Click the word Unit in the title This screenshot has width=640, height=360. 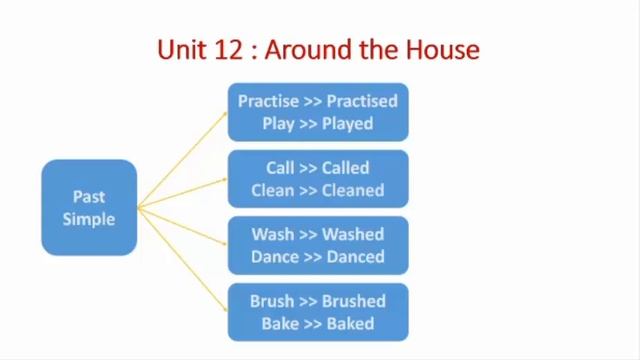click(182, 48)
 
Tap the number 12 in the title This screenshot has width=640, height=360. click(229, 48)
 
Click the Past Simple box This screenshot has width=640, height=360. click(89, 207)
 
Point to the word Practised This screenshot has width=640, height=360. click(362, 101)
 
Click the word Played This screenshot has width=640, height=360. click(346, 124)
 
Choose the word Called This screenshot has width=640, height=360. click(345, 168)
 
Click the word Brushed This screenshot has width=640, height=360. click(352, 301)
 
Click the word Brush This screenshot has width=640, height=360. click(273, 301)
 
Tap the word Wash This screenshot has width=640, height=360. click(272, 235)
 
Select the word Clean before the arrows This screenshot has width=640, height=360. click(273, 190)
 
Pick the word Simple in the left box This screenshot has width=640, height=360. click(89, 218)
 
